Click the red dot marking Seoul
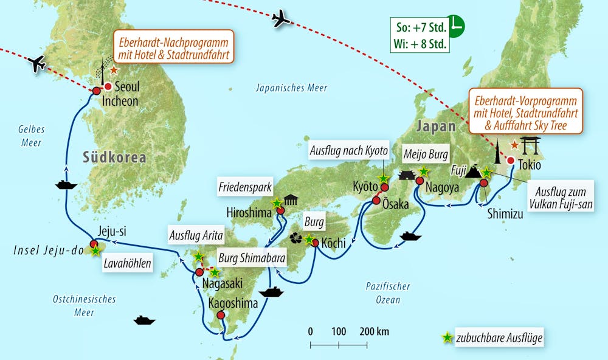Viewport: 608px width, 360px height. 108,86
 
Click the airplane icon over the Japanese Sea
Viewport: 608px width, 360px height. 281,19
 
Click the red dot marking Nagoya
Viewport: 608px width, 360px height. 419,181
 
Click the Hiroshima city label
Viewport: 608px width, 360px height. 249,213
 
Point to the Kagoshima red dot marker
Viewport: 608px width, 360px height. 220,316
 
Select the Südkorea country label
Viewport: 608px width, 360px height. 114,157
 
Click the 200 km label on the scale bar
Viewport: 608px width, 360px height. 374,331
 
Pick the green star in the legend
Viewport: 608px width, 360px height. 447,337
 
